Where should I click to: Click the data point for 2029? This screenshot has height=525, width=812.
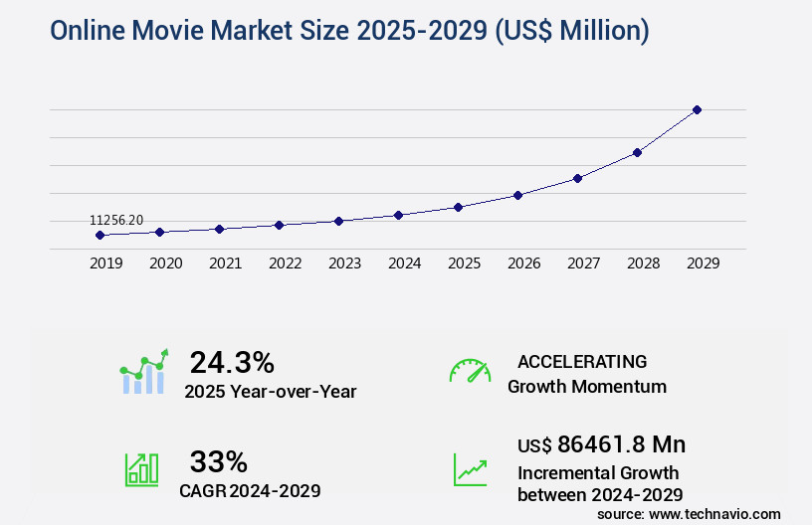tap(697, 109)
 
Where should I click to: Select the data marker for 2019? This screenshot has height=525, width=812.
tap(100, 236)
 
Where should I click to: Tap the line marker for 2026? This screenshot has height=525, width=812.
tap(517, 195)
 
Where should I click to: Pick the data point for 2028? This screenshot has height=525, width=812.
tap(637, 152)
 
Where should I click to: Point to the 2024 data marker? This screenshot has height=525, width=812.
tap(398, 215)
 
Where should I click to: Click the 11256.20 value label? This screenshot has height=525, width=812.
tap(116, 220)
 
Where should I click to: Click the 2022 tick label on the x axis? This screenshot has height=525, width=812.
tap(285, 263)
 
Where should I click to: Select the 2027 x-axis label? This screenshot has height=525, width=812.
tap(583, 263)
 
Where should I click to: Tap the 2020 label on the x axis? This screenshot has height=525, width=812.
tap(165, 263)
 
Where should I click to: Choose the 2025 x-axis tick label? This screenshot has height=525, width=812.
tap(464, 263)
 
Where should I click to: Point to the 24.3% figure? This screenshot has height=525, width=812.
tap(232, 362)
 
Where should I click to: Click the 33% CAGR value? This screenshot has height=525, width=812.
tap(218, 461)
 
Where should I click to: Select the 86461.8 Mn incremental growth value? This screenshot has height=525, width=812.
tap(601, 443)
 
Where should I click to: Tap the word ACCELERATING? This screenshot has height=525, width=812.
tap(582, 361)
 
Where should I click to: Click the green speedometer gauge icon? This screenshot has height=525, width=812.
tap(470, 371)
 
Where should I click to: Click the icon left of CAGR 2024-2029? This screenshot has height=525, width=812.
tap(141, 469)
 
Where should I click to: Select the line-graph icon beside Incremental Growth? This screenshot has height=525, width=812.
tap(470, 469)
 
